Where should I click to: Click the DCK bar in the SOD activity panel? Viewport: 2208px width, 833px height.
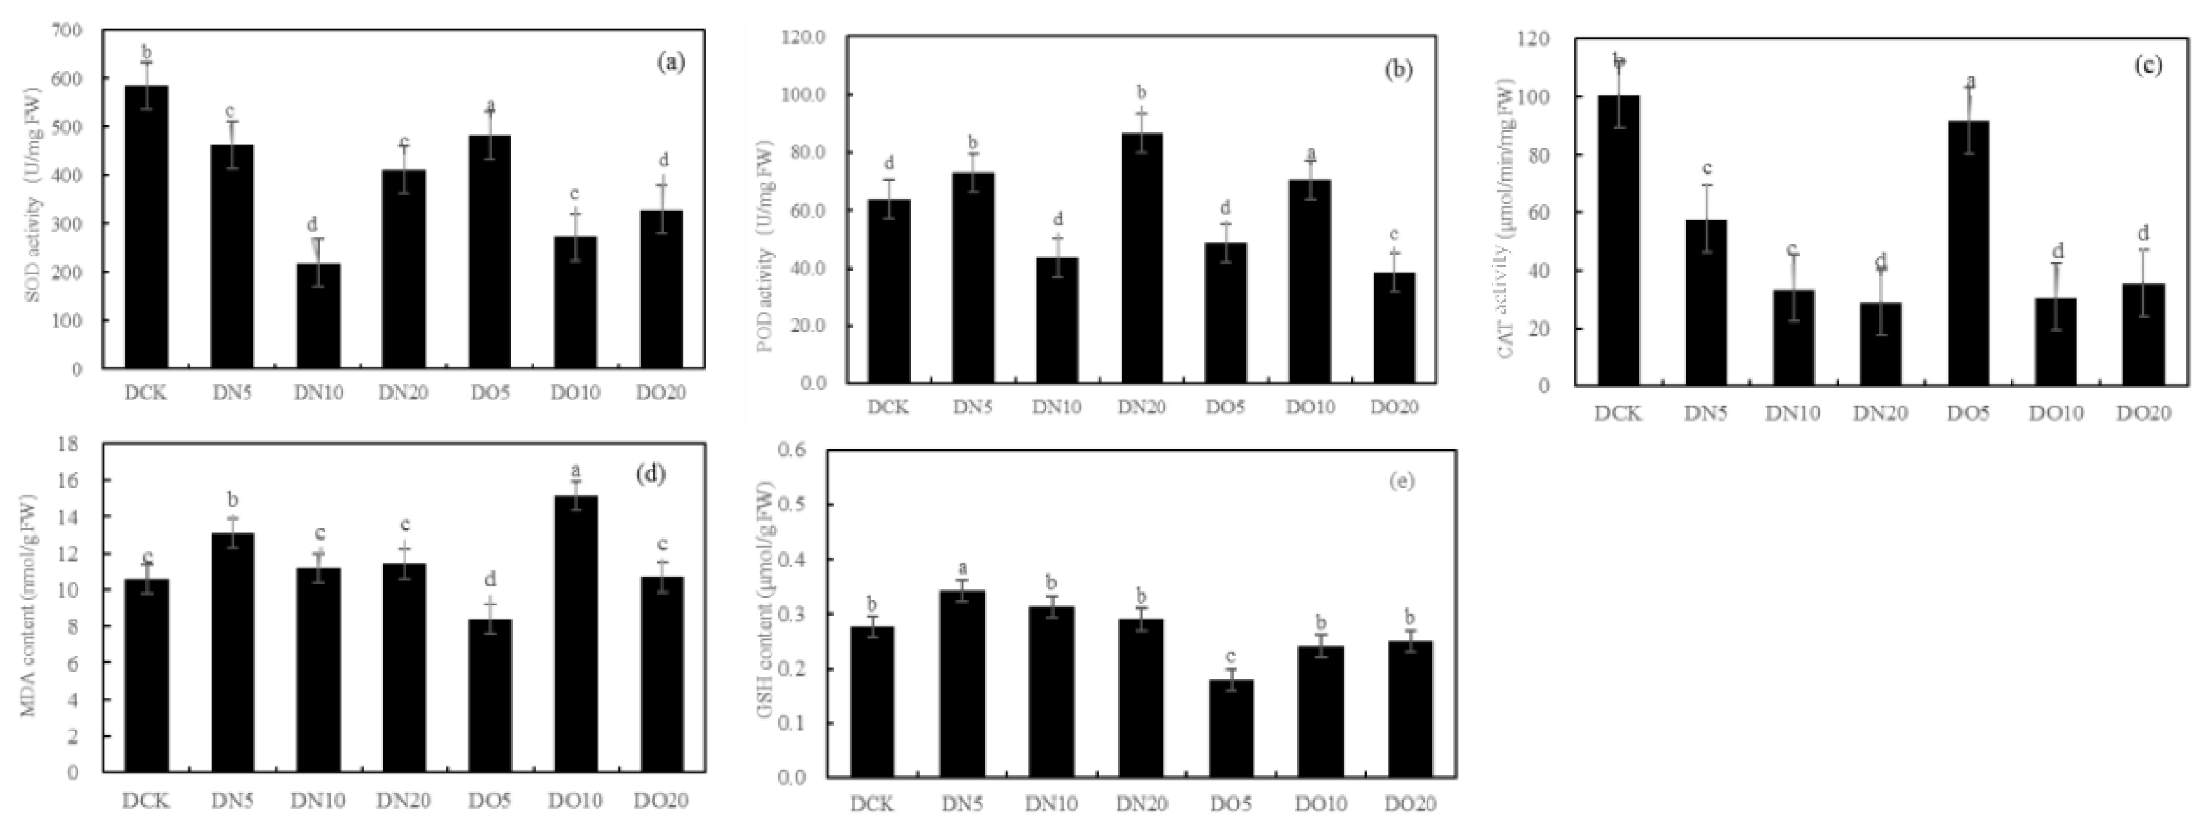click(147, 227)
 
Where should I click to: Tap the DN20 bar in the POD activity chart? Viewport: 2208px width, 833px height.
click(1142, 258)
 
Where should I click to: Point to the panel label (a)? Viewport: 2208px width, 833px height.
click(670, 62)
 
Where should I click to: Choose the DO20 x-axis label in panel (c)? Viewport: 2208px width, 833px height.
click(2144, 414)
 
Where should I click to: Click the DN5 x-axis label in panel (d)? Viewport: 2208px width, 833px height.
click(232, 800)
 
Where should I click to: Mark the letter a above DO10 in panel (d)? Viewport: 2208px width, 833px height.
click(576, 470)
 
